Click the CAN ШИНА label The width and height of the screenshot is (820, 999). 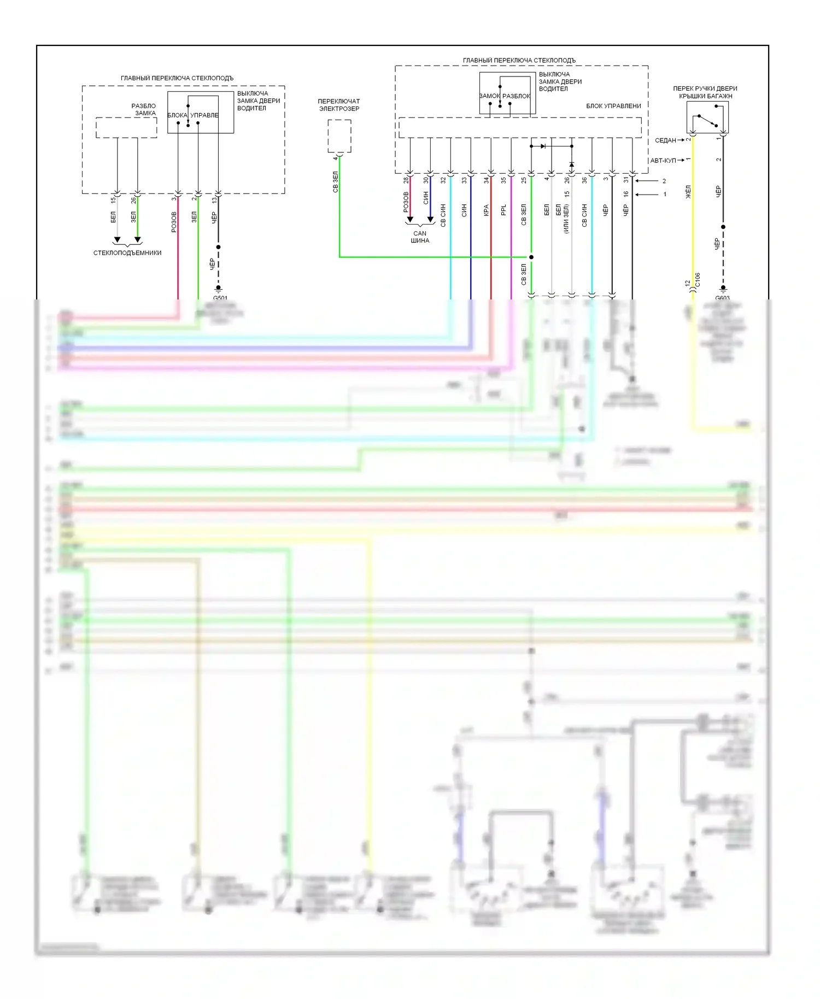click(420, 237)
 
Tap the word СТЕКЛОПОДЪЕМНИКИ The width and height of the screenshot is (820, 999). click(127, 253)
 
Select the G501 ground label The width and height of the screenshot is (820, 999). click(220, 298)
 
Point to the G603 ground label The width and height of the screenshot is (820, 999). click(723, 298)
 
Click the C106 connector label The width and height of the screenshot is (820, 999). click(698, 280)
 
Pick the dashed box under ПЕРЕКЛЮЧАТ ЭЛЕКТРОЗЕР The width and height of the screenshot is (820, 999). click(339, 136)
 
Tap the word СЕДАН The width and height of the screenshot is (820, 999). click(665, 140)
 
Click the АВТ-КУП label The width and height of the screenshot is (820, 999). click(663, 161)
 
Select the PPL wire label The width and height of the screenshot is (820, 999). click(503, 210)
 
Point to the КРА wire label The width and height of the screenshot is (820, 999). click(486, 210)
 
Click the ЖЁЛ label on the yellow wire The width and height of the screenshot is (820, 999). click(688, 192)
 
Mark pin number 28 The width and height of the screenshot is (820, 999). click(406, 180)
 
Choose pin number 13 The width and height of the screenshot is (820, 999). click(214, 201)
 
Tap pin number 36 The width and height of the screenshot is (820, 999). click(584, 180)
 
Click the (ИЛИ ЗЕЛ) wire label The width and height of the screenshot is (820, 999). click(566, 219)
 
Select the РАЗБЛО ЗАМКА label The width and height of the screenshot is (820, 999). click(144, 109)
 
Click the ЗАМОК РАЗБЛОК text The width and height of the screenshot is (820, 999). click(505, 96)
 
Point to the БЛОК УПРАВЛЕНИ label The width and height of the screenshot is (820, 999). click(613, 106)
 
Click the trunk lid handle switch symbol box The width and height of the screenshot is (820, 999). click(707, 117)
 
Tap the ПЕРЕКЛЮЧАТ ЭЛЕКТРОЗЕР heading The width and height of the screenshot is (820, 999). click(339, 105)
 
